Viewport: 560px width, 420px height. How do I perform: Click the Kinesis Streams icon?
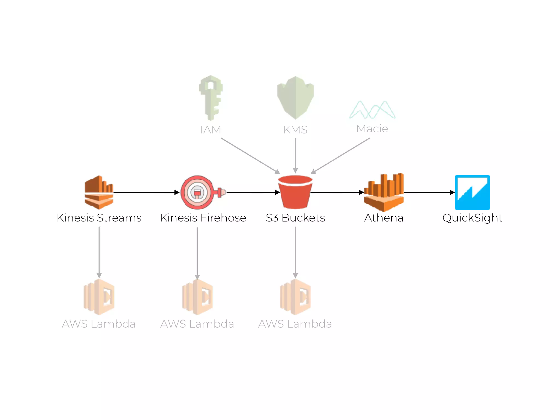pyautogui.click(x=99, y=192)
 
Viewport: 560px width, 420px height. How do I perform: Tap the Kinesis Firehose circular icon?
pyautogui.click(x=197, y=192)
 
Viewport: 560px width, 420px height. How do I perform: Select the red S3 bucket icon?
pyautogui.click(x=295, y=192)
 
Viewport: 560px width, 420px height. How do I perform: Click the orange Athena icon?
pyautogui.click(x=384, y=192)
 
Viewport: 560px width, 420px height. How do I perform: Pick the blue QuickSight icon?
pyautogui.click(x=472, y=192)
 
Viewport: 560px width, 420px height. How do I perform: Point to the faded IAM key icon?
pyautogui.click(x=211, y=98)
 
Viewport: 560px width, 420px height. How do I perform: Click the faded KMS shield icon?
pyautogui.click(x=295, y=98)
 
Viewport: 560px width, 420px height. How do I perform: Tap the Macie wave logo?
pyautogui.click(x=372, y=110)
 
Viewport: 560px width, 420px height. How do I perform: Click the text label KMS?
pyautogui.click(x=295, y=130)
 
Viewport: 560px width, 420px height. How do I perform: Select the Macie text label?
pyautogui.click(x=372, y=129)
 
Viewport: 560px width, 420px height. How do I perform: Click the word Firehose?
pyautogui.click(x=223, y=218)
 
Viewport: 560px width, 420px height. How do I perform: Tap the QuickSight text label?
pyautogui.click(x=472, y=218)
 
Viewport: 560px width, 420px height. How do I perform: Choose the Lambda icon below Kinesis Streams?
pyautogui.click(x=99, y=297)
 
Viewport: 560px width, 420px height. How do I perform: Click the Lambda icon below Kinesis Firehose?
pyautogui.click(x=197, y=297)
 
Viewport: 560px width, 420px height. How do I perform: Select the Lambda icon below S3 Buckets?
pyautogui.click(x=295, y=297)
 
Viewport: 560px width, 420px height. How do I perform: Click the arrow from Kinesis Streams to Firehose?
pyautogui.click(x=146, y=192)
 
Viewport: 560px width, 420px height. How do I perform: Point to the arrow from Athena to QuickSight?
pyautogui.click(x=429, y=192)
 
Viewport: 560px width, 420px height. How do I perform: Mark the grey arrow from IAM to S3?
pyautogui.click(x=250, y=156)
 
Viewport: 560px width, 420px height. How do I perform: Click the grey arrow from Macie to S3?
pyautogui.click(x=340, y=156)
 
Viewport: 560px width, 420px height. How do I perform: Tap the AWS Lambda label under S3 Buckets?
pyautogui.click(x=295, y=324)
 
